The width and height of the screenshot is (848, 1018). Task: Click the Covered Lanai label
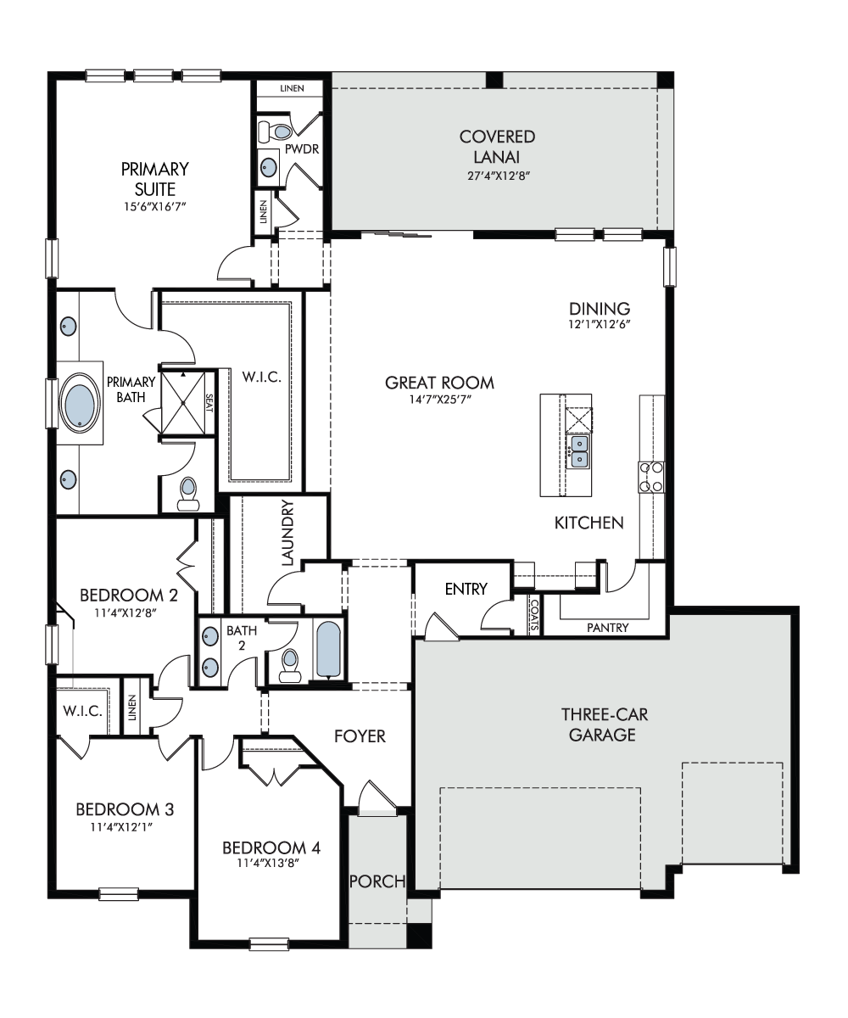point(497,146)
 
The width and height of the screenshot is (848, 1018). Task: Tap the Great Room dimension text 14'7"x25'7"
point(440,400)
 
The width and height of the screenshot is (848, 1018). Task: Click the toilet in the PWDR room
point(276,130)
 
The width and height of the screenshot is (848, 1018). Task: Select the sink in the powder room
point(269,167)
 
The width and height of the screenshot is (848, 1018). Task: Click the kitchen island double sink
point(579,450)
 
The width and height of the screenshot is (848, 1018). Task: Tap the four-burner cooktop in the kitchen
point(651,477)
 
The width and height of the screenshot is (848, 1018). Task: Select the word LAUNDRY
point(288,533)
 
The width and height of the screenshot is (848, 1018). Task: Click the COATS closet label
point(534,614)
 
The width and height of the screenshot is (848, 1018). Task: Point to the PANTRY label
point(607,628)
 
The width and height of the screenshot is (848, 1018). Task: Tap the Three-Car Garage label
point(604,724)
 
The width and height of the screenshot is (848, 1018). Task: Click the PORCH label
point(377,881)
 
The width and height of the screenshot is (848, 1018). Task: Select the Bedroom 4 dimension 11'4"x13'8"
point(268,863)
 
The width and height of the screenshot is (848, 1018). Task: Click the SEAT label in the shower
point(209,403)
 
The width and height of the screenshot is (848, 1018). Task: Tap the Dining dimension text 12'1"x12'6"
point(600,324)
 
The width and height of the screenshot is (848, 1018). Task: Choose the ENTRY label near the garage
point(466,589)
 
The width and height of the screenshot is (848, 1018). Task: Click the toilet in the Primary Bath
point(188,494)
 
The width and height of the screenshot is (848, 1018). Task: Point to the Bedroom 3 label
point(125,809)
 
